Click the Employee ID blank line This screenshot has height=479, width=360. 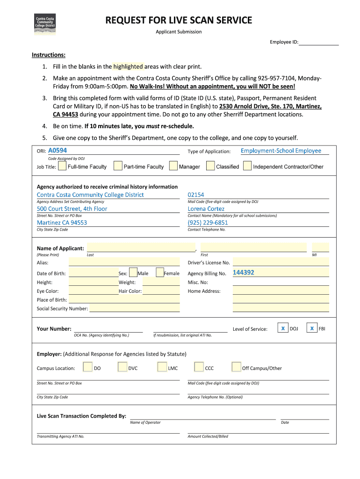coord(318,42)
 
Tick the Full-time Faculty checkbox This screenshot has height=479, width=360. coord(62,166)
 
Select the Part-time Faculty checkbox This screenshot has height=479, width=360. coord(118,166)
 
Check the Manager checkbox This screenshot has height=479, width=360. coord(173,166)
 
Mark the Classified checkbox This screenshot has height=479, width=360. coord(210,166)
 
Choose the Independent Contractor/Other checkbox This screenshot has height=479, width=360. coord(247,166)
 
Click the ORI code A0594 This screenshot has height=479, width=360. coord(58,151)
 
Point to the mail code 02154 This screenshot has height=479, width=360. coord(196,195)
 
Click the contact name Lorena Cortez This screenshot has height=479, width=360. coord(206,209)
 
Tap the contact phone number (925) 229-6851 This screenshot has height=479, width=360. coord(208,223)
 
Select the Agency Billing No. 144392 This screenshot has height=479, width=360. coord(244,273)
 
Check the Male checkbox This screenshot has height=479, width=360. coord(133,273)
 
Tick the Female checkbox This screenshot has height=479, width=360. coord(160,273)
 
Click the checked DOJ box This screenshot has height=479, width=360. coord(283,328)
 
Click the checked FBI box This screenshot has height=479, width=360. coord(312,328)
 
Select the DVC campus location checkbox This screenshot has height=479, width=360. coord(123,367)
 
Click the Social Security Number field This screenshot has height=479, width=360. coord(134,308)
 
